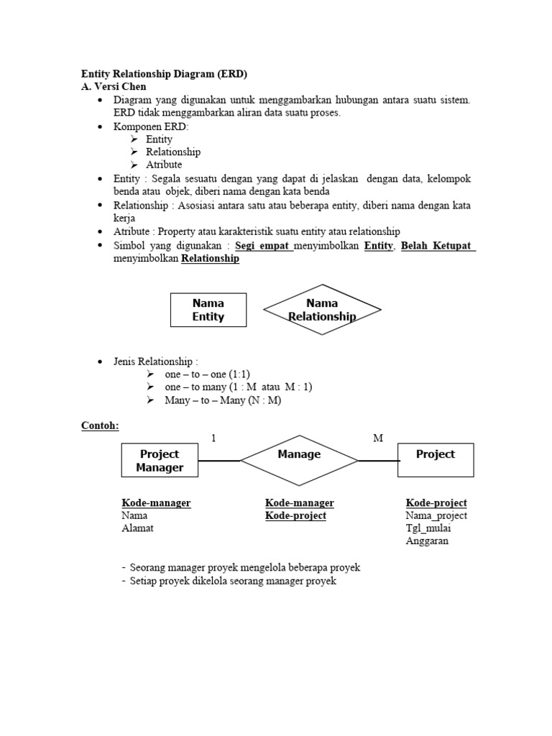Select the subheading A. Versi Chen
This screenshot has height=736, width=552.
click(x=113, y=87)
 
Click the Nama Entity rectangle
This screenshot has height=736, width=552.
click(x=208, y=310)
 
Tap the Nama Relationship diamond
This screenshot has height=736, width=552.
click(x=321, y=310)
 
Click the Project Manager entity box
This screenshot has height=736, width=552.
click(x=160, y=461)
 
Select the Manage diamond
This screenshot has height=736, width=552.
click(x=299, y=461)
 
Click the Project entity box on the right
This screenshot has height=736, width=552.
click(x=436, y=460)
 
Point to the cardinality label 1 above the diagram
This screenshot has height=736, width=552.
click(x=213, y=438)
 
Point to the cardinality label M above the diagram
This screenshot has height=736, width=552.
click(x=378, y=438)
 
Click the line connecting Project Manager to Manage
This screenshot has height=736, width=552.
click(x=219, y=461)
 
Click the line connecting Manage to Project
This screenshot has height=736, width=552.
click(x=378, y=461)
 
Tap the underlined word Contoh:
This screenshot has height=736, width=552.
click(x=99, y=425)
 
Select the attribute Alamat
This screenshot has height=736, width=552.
click(x=137, y=528)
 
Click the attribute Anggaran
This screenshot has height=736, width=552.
click(x=427, y=541)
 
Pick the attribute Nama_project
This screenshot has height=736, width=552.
click(x=436, y=515)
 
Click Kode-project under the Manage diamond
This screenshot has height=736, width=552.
click(x=295, y=515)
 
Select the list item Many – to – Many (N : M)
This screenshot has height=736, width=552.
click(x=223, y=400)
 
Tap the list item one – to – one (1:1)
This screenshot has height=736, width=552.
click(x=206, y=374)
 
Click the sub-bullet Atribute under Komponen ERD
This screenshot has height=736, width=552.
click(x=164, y=165)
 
